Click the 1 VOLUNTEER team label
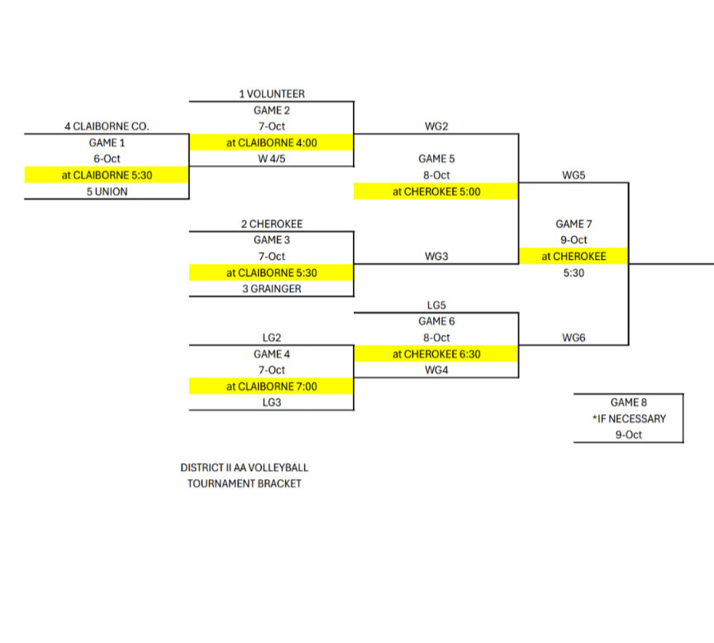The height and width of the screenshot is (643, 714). tap(272, 94)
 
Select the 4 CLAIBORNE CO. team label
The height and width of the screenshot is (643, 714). tap(107, 127)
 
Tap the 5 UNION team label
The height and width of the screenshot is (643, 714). tap(107, 192)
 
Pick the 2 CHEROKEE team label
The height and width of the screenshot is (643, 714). tap(272, 224)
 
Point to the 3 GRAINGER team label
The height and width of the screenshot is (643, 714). tap(272, 289)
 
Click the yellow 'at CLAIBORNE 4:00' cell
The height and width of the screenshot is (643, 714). tap(272, 142)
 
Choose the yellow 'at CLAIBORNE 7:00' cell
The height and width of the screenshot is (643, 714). tap(272, 386)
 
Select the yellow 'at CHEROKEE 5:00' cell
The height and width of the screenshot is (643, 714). tap(436, 192)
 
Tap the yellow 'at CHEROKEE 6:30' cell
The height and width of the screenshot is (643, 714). tap(436, 354)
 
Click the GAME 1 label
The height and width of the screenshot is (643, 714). tap(107, 142)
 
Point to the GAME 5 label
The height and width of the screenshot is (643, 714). tap(436, 159)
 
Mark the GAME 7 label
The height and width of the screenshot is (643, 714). tap(574, 224)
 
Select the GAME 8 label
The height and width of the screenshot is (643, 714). tap(629, 402)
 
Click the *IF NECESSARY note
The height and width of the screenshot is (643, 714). tap(629, 419)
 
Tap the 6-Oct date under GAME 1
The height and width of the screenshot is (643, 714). tap(107, 159)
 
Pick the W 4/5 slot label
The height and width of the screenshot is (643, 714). tap(272, 159)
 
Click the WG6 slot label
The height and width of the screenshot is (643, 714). tap(574, 338)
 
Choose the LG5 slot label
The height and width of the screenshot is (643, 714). tap(436, 305)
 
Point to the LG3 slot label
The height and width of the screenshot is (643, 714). tap(272, 402)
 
